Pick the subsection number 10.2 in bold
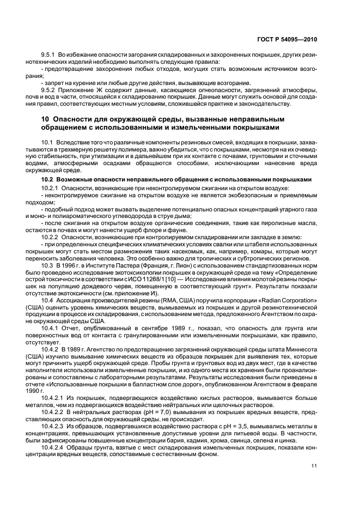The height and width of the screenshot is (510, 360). coord(47,180)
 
